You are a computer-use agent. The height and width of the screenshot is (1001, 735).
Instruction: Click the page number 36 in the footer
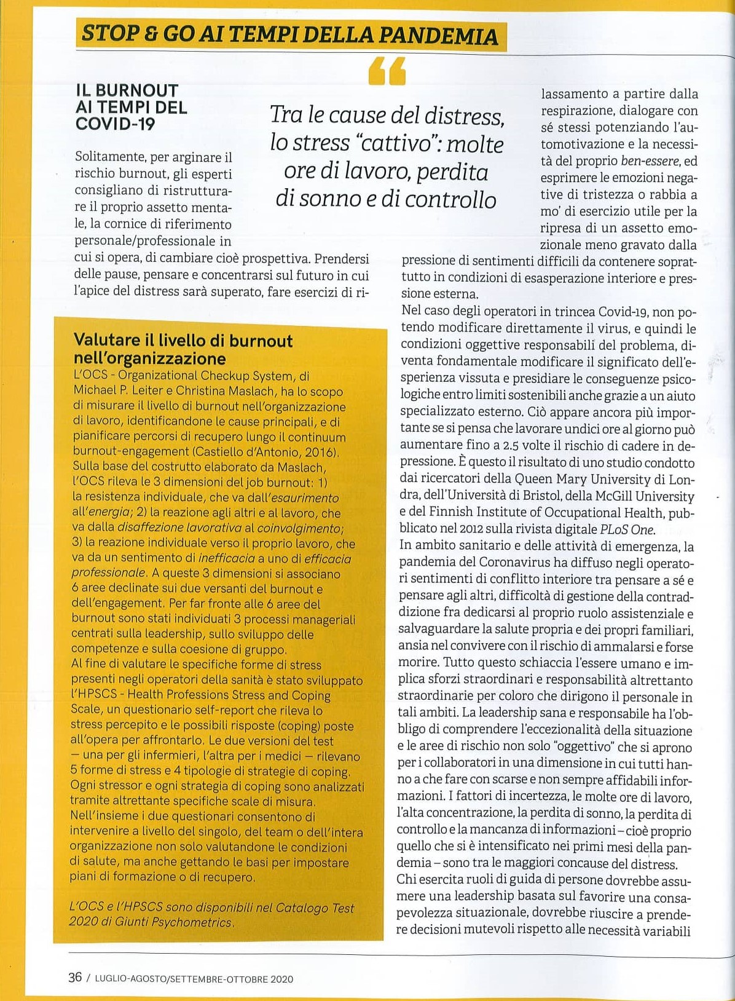click(75, 977)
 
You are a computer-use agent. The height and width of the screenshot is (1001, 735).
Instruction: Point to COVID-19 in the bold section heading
click(115, 124)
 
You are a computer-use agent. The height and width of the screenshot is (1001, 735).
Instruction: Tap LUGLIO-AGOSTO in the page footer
click(130, 978)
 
